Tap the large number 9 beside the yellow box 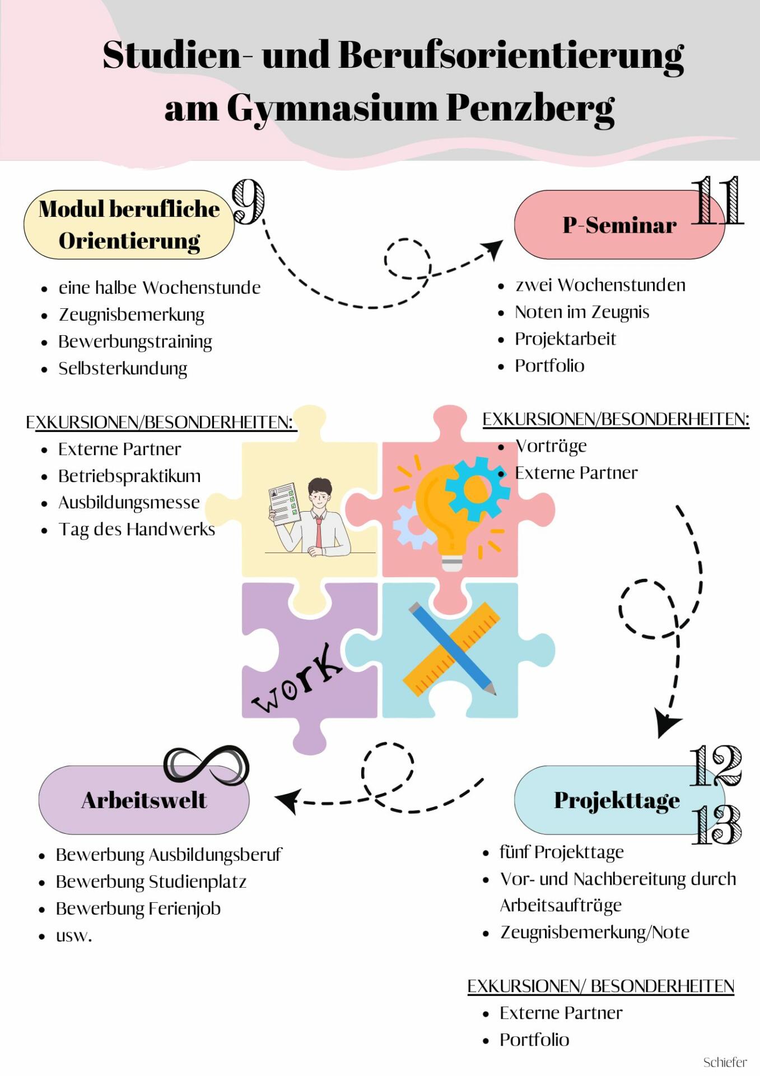tap(248, 202)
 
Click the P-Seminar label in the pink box tap(619, 225)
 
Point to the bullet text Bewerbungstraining tap(135, 341)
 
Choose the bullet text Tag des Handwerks tap(137, 529)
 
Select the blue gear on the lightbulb tap(477, 488)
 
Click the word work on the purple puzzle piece tap(297, 679)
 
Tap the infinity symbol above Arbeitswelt tap(206, 764)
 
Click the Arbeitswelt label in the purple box tap(144, 800)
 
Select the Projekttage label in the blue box tap(617, 800)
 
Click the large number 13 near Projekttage tap(716, 824)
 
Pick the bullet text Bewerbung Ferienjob tap(138, 908)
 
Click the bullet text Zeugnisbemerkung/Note tap(594, 932)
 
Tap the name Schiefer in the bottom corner tap(725, 1062)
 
